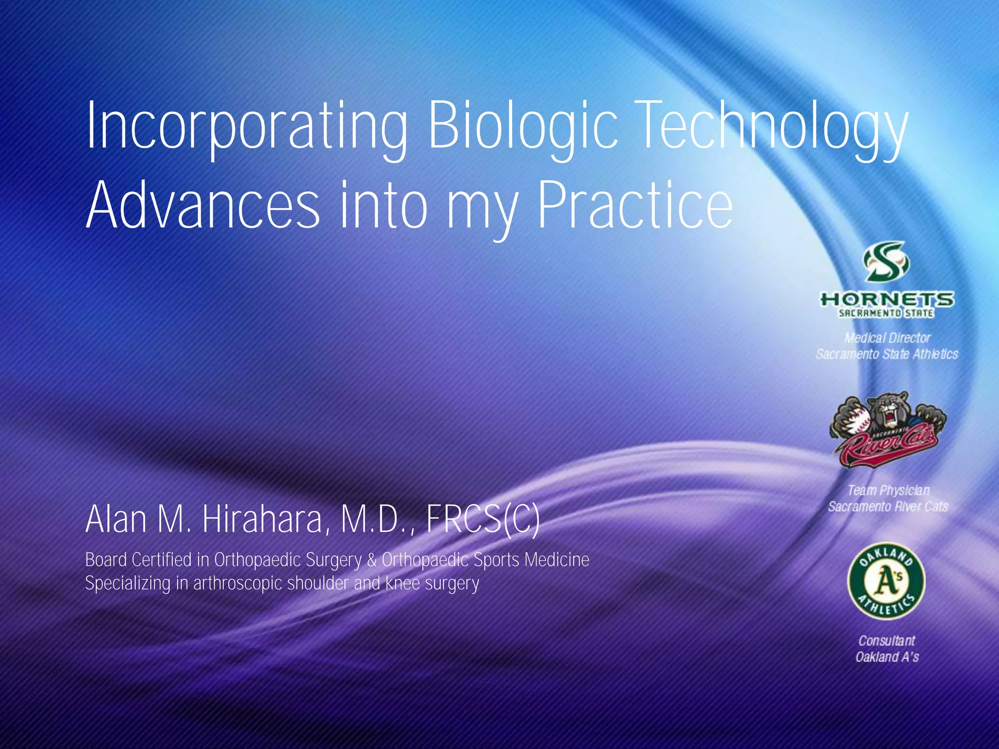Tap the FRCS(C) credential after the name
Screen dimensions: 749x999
(x=483, y=520)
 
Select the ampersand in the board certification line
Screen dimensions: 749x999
(x=372, y=560)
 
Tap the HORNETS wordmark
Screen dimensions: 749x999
(x=886, y=299)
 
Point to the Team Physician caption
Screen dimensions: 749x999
(x=888, y=491)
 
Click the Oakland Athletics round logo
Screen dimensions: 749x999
(x=886, y=581)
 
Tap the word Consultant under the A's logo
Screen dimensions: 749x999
(x=887, y=641)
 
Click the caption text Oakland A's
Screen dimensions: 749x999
(x=887, y=657)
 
